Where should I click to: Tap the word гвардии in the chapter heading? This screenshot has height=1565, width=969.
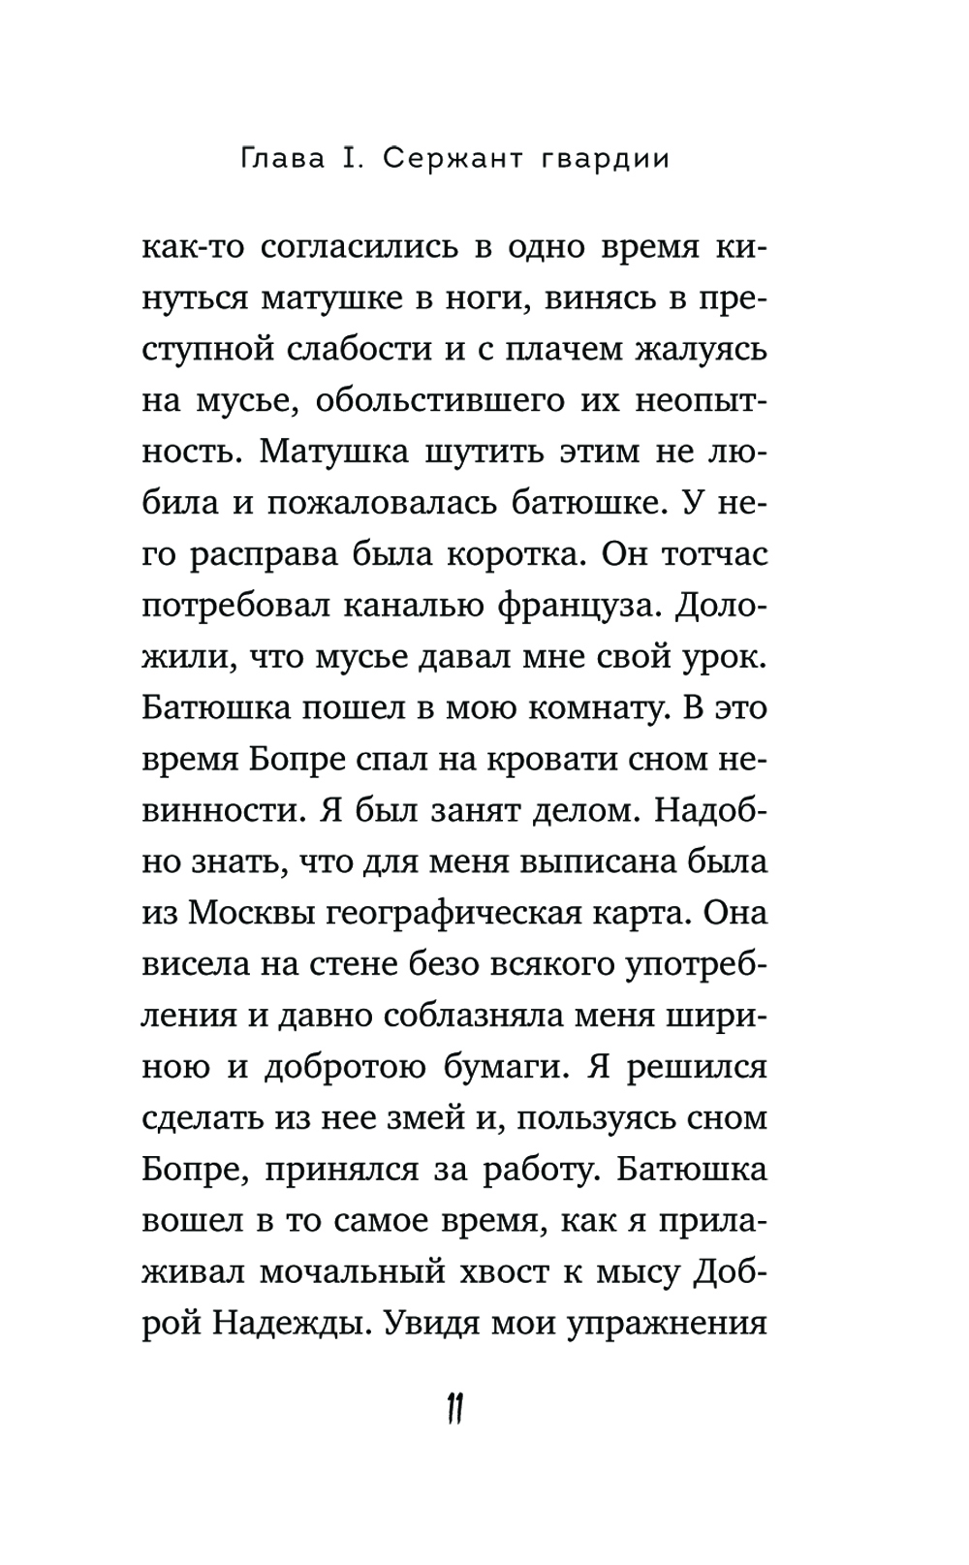(602, 159)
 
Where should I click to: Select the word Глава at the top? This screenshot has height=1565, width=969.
(286, 159)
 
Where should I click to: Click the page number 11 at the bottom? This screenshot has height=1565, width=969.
(456, 1409)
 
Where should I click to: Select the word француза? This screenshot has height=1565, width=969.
(582, 605)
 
